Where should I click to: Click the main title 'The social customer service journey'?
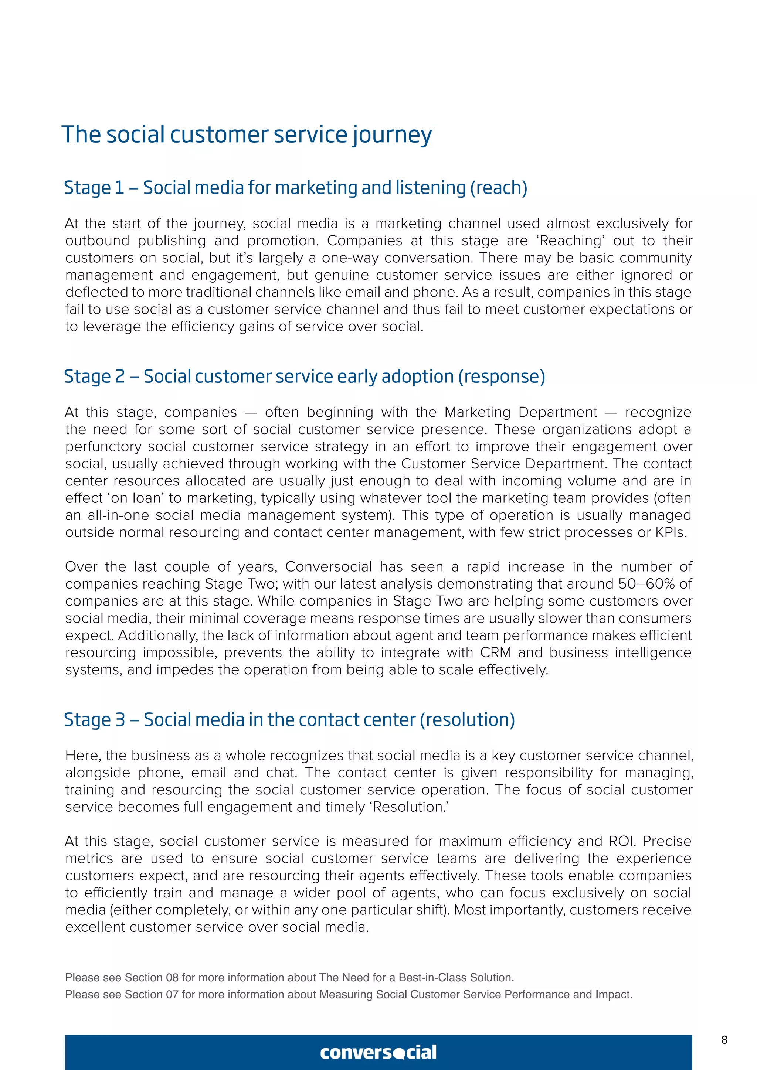point(246,135)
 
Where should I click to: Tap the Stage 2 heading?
point(304,376)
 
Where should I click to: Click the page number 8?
point(724,1040)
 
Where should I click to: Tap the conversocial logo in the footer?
point(378,1052)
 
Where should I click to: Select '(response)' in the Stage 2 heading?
point(502,376)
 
